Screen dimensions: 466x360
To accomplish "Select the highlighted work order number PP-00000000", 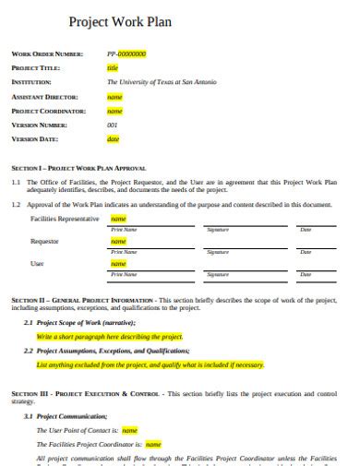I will click(x=127, y=54).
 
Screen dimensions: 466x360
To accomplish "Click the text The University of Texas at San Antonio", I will click(x=162, y=82).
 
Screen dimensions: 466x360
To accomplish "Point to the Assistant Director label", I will click(x=44, y=96).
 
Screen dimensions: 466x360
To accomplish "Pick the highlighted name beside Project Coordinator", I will click(x=115, y=111).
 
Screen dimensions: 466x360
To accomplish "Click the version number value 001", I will click(x=113, y=125).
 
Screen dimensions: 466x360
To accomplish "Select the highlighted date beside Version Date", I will click(x=114, y=139).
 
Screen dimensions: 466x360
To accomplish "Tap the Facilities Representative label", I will click(x=65, y=219).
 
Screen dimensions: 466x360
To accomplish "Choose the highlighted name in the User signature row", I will click(x=118, y=264).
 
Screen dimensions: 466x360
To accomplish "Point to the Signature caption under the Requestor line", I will click(x=218, y=251).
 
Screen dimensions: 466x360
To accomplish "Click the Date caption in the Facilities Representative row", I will click(x=306, y=229).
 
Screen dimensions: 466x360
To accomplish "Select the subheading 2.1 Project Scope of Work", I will click(x=85, y=323).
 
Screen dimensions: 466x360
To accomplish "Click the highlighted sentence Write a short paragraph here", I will click(x=111, y=337).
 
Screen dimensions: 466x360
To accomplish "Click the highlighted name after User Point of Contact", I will click(x=130, y=430).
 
